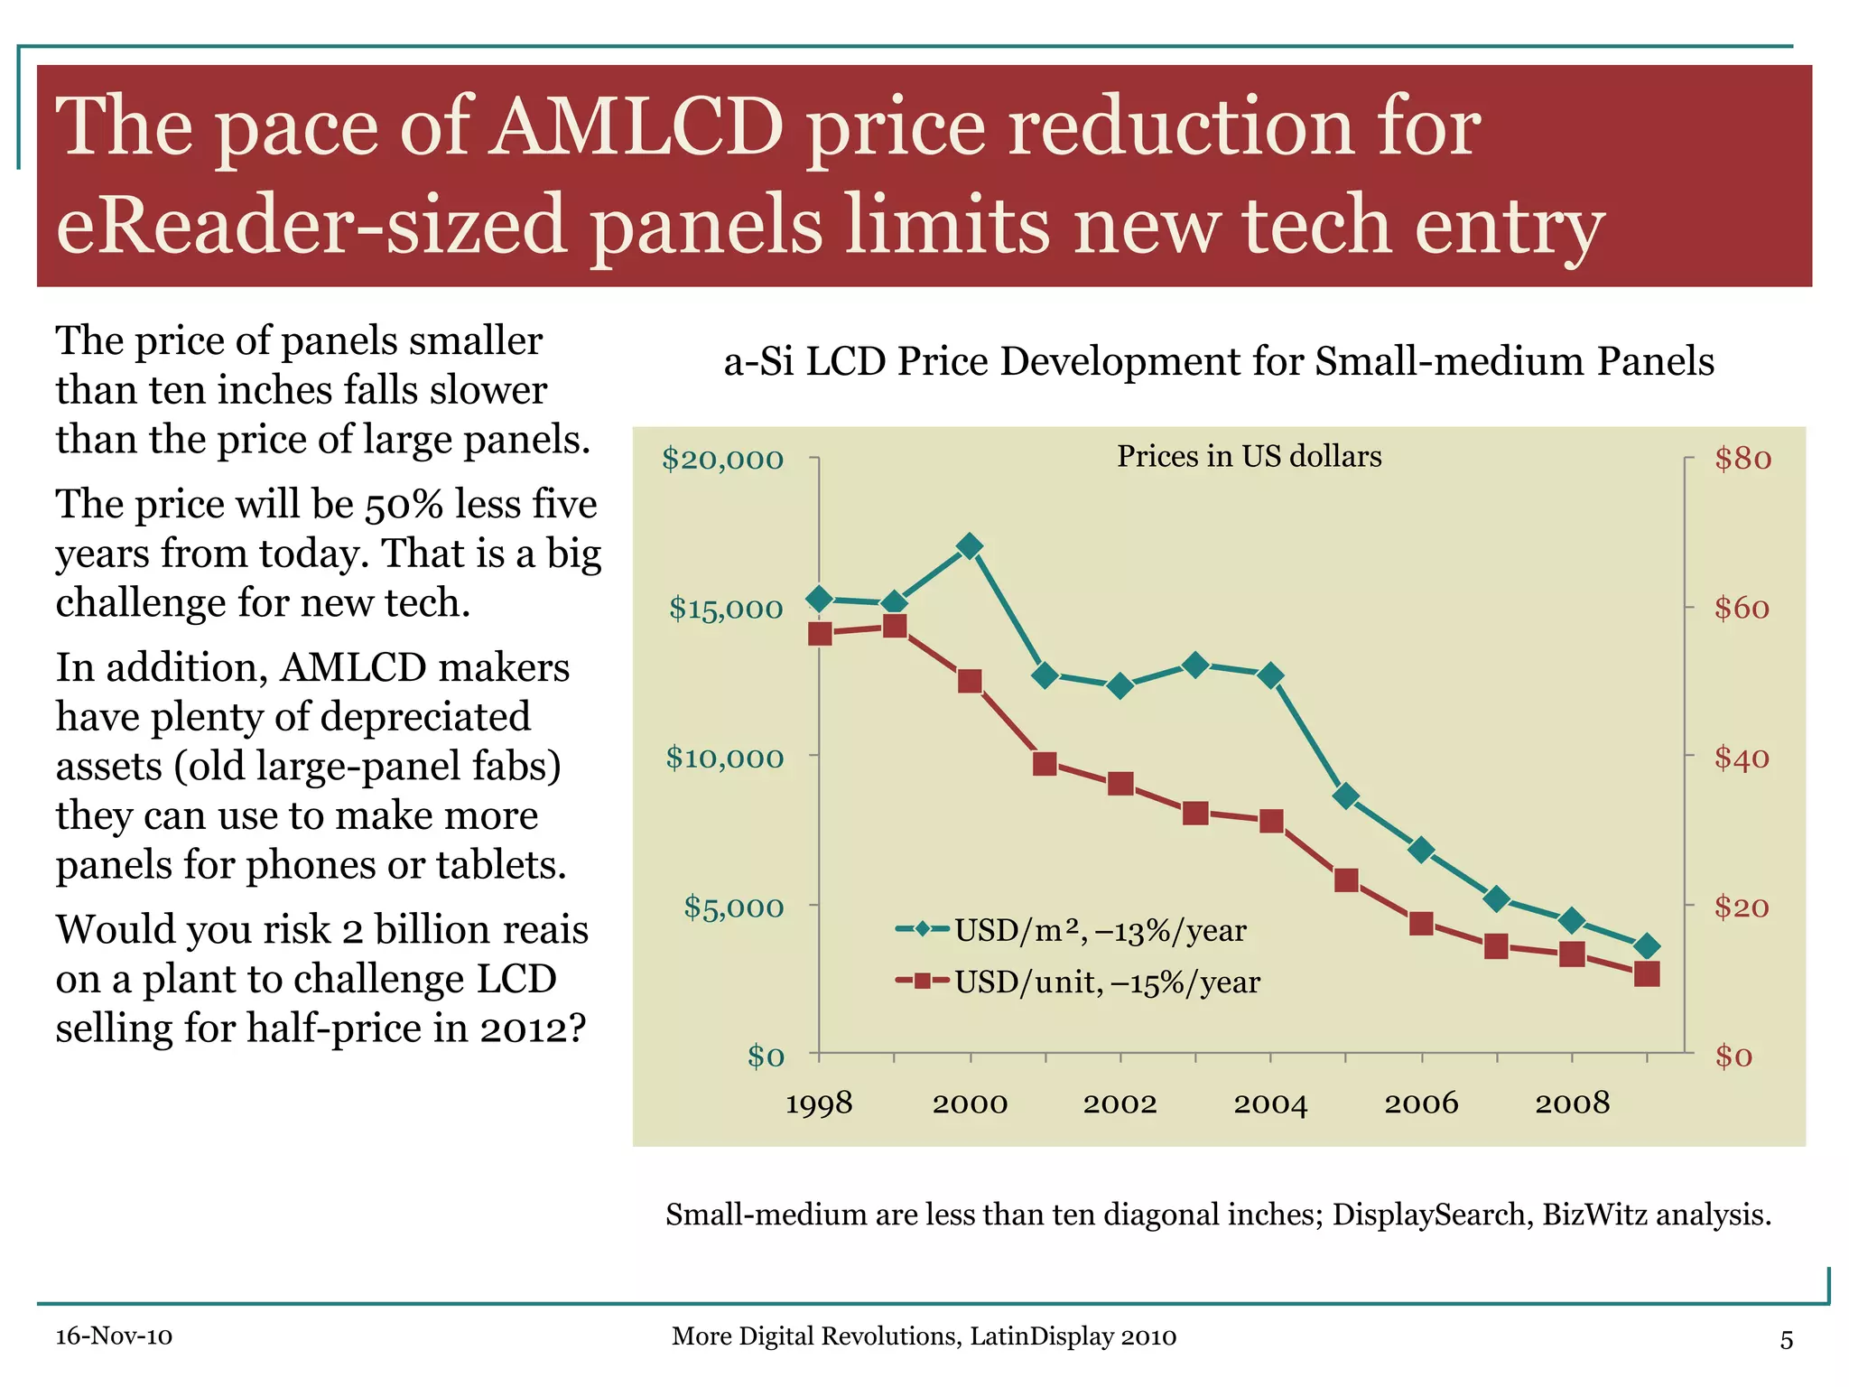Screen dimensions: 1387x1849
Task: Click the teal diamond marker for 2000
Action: click(x=970, y=546)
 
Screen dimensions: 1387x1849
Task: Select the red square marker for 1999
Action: click(x=895, y=626)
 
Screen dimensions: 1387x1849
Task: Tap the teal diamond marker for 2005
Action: click(x=1346, y=796)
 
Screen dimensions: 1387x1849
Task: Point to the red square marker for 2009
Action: click(x=1647, y=974)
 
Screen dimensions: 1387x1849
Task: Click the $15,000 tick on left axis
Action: click(x=726, y=609)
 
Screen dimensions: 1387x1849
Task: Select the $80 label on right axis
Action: click(x=1742, y=459)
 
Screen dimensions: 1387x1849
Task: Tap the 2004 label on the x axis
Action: click(x=1270, y=1103)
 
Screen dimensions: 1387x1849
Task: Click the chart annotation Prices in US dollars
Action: click(x=1249, y=457)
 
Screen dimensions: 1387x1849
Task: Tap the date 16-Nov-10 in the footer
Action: click(x=114, y=1336)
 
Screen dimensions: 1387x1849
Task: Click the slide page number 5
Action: click(x=1786, y=1340)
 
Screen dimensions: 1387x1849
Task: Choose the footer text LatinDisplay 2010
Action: click(x=1073, y=1336)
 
